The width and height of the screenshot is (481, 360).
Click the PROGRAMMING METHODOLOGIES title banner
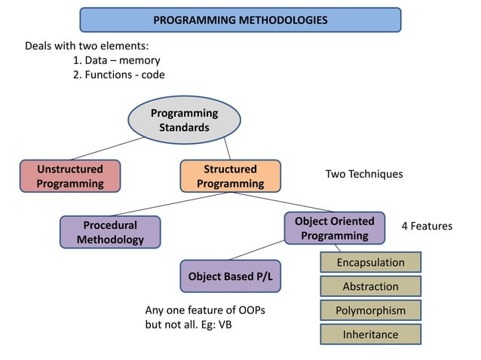(240, 20)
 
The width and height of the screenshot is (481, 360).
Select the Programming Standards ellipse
(184, 121)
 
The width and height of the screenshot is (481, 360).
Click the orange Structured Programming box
(230, 176)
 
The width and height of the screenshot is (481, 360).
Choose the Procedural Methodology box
(110, 232)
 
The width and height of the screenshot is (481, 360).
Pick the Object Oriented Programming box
(334, 228)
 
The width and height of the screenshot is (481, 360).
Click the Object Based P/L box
(230, 276)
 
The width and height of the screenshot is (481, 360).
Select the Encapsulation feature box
(370, 262)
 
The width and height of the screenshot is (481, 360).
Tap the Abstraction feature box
(370, 286)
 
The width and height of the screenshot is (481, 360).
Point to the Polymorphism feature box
(370, 310)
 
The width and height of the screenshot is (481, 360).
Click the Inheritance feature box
(370, 334)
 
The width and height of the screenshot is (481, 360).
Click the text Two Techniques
(364, 174)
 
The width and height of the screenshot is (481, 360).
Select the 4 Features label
(426, 226)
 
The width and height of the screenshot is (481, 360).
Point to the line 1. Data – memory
(117, 60)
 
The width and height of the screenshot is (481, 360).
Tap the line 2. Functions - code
(118, 75)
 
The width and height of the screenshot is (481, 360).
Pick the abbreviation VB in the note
(225, 325)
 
